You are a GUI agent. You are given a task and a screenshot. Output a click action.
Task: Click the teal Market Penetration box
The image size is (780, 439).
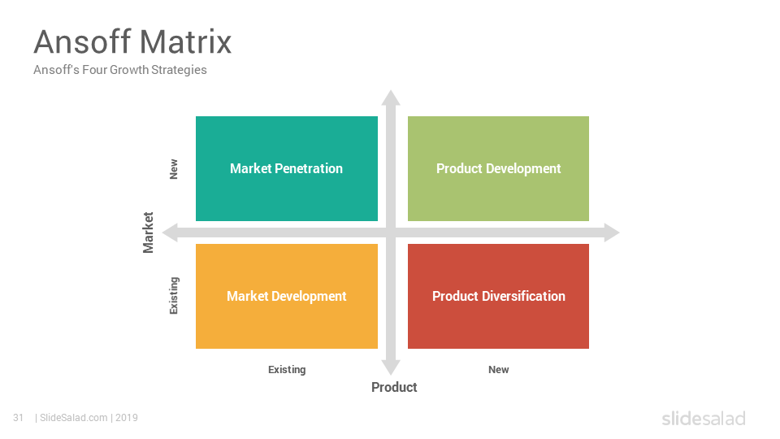pyautogui.click(x=287, y=169)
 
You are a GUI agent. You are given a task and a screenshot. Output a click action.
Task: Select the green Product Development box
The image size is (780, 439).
pyautogui.click(x=498, y=169)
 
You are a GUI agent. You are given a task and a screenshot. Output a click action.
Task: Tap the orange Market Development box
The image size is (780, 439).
pyautogui.click(x=287, y=296)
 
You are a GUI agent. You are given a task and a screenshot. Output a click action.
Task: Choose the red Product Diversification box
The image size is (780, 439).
pyautogui.click(x=498, y=296)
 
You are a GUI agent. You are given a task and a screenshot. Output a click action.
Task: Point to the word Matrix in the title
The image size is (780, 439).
pyautogui.click(x=185, y=41)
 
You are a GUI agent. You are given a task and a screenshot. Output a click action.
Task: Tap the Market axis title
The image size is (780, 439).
pyautogui.click(x=148, y=233)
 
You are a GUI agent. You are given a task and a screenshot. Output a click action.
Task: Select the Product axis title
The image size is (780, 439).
pyautogui.click(x=394, y=387)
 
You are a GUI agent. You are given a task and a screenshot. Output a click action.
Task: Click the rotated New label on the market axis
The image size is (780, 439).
pyautogui.click(x=174, y=169)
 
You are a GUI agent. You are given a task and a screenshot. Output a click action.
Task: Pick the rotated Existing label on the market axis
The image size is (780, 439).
pyautogui.click(x=174, y=296)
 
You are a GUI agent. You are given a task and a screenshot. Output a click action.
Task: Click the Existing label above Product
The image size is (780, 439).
pyautogui.click(x=287, y=370)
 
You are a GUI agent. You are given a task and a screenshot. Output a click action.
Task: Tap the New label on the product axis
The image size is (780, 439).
pyautogui.click(x=498, y=370)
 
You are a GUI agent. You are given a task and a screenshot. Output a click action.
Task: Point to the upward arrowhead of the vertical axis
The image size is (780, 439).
pyautogui.click(x=391, y=98)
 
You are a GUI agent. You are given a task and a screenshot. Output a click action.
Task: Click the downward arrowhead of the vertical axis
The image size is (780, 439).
pyautogui.click(x=391, y=367)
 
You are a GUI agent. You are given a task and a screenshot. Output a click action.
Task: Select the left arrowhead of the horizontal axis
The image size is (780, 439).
pyautogui.click(x=170, y=233)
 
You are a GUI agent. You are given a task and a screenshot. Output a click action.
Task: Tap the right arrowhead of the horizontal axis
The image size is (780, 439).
pyautogui.click(x=612, y=233)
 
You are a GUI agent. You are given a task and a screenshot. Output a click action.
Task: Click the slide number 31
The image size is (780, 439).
pyautogui.click(x=19, y=418)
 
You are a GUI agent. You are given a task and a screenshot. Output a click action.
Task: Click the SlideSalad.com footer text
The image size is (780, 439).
pyautogui.click(x=74, y=418)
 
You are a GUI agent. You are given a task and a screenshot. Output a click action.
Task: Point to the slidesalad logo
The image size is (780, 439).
pyautogui.click(x=704, y=418)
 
